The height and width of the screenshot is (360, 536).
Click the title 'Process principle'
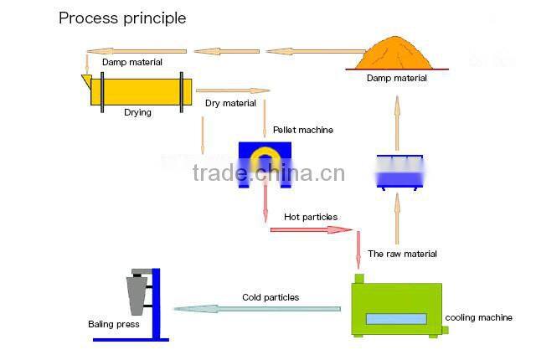[122, 18]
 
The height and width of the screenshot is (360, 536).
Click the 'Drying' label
[137, 112]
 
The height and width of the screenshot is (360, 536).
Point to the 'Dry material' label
[230, 103]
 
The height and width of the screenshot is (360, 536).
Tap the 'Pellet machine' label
[302, 130]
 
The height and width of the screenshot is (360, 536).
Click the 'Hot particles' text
[310, 217]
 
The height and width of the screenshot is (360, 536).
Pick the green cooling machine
[396, 308]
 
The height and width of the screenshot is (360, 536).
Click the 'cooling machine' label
[478, 317]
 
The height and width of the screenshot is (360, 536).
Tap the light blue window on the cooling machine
[395, 319]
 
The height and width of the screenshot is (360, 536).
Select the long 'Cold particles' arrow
[257, 309]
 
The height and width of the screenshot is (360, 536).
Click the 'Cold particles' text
[270, 297]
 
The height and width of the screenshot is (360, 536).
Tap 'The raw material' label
[402, 254]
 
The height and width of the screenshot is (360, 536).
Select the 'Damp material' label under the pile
[396, 78]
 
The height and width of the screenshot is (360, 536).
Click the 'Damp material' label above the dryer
[132, 62]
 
